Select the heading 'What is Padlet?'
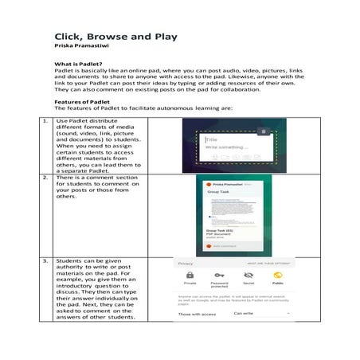pyautogui.click(x=77, y=63)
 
